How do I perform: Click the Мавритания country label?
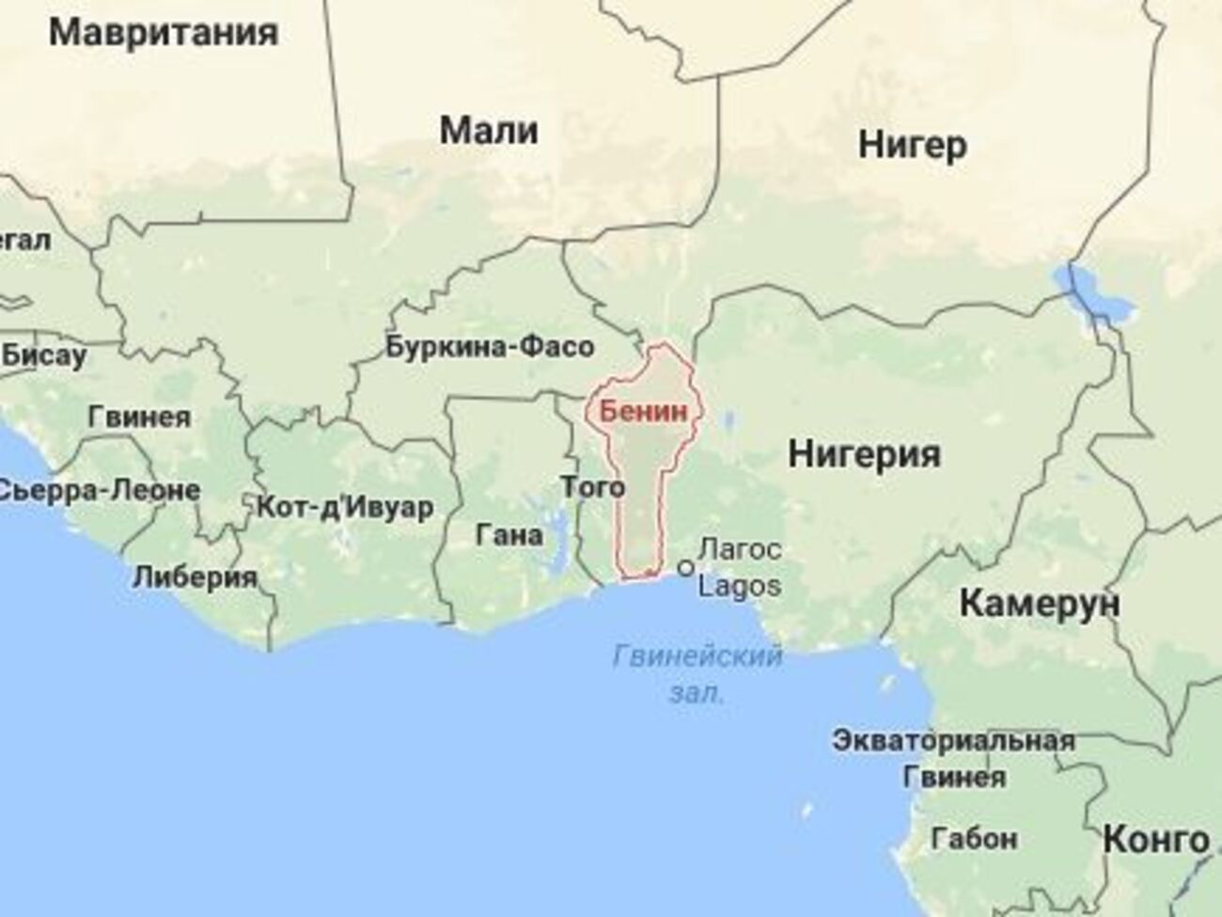pos(164,34)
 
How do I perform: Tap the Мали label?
pos(489,131)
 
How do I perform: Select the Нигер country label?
pos(912,146)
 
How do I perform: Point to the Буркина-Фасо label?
pos(490,347)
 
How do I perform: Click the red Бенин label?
pos(638,411)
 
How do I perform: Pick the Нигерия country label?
pos(864,454)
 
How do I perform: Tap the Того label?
pos(592,486)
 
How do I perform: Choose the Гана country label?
pos(509,535)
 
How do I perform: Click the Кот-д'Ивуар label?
pos(345,508)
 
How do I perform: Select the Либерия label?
pos(196,577)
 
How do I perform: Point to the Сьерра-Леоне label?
pos(99,490)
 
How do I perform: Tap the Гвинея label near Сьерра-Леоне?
pos(139,417)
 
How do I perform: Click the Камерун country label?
pos(1039,603)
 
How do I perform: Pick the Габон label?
pos(974,837)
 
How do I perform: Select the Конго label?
pos(1155,839)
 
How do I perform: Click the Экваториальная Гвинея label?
pos(953,758)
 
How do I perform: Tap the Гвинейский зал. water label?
pos(697,672)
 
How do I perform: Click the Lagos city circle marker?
pos(685,568)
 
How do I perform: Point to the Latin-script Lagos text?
pos(740,586)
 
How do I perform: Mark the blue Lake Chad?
pos(1095,293)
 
